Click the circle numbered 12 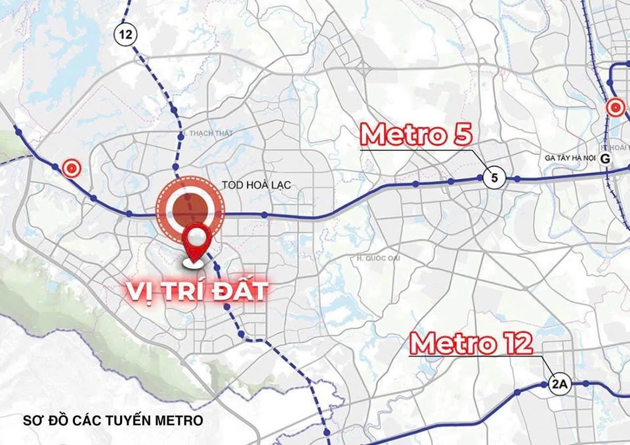tap(126, 33)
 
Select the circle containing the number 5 tap(494, 177)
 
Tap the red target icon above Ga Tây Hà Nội tap(615, 107)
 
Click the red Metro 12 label tap(471, 344)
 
